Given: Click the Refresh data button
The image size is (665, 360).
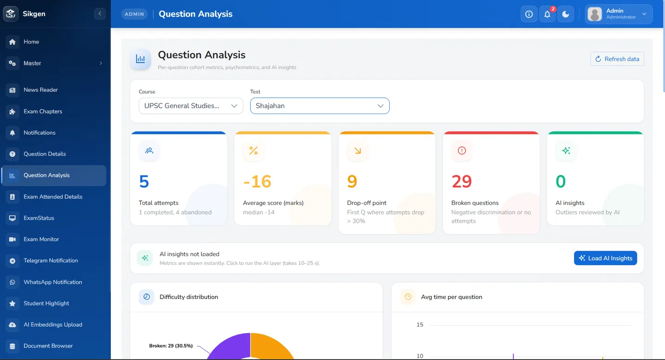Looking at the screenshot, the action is pyautogui.click(x=617, y=59).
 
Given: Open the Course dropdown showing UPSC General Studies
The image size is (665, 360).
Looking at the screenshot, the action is pyautogui.click(x=191, y=106).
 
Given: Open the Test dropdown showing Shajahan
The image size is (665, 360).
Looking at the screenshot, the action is pyautogui.click(x=320, y=106).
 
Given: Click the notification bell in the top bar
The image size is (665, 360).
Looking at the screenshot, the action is pyautogui.click(x=547, y=14).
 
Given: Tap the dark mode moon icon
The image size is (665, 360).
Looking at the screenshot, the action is pyautogui.click(x=566, y=14).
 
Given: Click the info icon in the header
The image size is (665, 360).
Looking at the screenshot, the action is pyautogui.click(x=529, y=14).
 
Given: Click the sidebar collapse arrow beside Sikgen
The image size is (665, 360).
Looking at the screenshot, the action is pyautogui.click(x=100, y=14).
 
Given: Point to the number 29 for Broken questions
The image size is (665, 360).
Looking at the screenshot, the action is pyautogui.click(x=461, y=181).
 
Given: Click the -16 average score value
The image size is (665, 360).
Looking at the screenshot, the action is pyautogui.click(x=257, y=181).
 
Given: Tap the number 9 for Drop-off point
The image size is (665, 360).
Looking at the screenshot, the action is pyautogui.click(x=352, y=181).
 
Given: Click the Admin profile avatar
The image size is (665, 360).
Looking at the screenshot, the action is pyautogui.click(x=595, y=14).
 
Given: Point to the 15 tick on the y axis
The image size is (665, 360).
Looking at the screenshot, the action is pyautogui.click(x=420, y=324).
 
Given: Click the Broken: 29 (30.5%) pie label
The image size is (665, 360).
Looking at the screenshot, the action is pyautogui.click(x=171, y=346).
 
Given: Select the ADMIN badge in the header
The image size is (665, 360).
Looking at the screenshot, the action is pyautogui.click(x=134, y=14).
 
